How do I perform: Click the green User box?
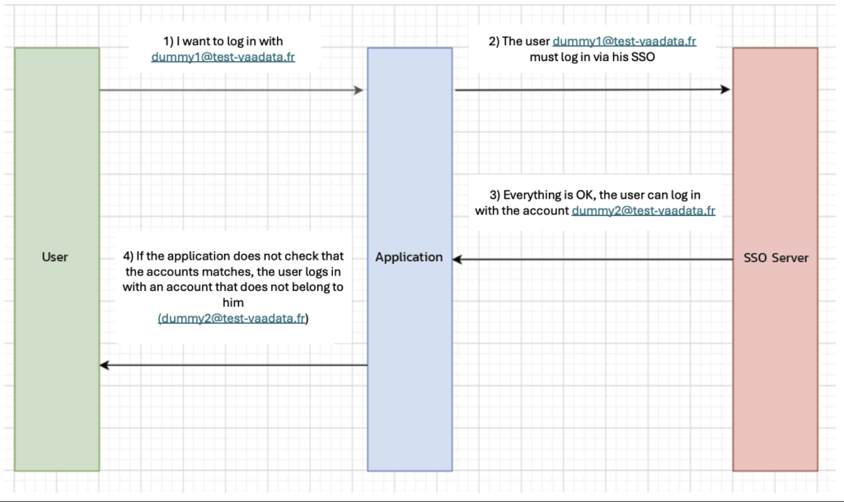[57, 260]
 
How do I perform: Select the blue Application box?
[410, 260]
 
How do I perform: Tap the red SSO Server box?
[775, 260]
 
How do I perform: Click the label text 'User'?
[55, 257]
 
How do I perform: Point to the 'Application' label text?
[409, 257]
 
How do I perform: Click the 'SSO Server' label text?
[776, 258]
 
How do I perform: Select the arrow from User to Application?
[232, 90]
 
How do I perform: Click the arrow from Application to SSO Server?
[592, 89]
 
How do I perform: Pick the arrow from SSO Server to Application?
[593, 260]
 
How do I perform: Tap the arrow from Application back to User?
[233, 365]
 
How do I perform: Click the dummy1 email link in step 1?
[223, 57]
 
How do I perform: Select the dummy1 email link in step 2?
[625, 41]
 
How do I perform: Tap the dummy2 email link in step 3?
[643, 211]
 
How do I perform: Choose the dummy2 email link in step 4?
[232, 318]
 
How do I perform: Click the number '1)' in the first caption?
[169, 41]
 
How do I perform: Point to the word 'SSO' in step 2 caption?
[643, 57]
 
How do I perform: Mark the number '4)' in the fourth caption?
[128, 256]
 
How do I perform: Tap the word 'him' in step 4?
[233, 303]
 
